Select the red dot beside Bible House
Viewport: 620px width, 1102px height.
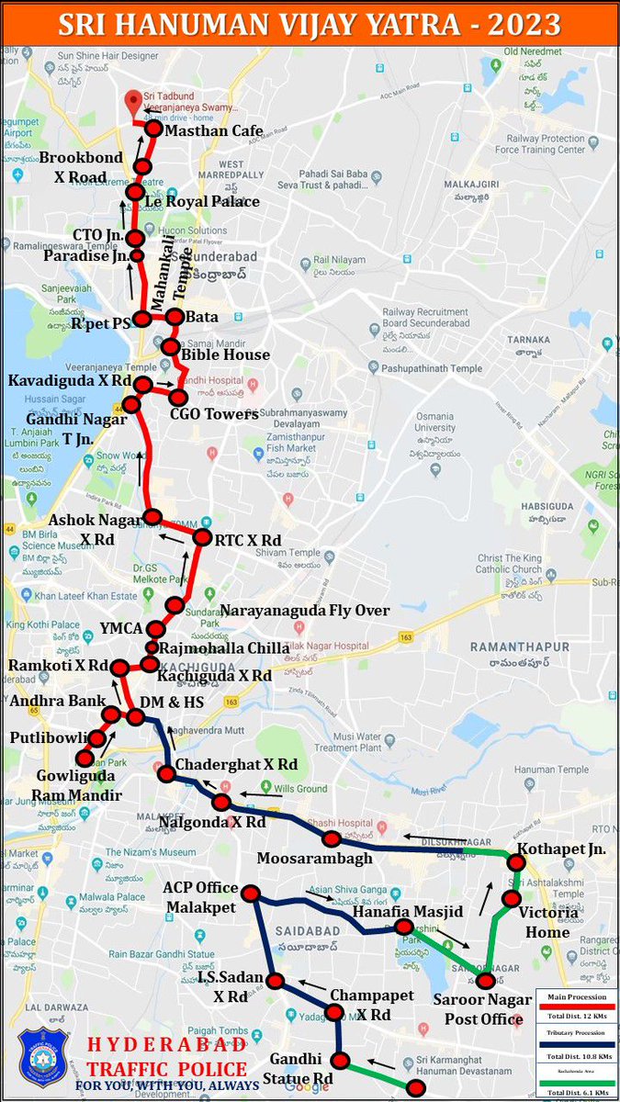(170, 347)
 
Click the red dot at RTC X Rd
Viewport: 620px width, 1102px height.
(203, 539)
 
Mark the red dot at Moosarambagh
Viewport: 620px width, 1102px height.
(333, 839)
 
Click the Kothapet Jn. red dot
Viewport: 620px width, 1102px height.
(516, 862)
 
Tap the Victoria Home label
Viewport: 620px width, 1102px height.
(548, 922)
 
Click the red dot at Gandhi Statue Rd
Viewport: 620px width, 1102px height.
(341, 1062)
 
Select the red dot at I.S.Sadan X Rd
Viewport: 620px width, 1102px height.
(275, 981)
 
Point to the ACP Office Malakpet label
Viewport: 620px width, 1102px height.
(200, 898)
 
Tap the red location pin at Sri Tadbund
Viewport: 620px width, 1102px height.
(134, 101)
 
